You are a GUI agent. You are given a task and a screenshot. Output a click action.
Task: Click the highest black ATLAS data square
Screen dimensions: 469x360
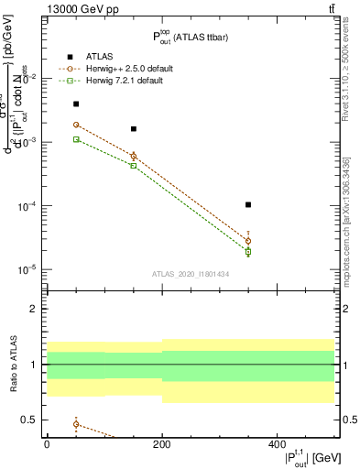[x=76, y=104]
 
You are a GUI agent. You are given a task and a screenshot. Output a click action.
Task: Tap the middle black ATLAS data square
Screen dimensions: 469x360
[x=134, y=129]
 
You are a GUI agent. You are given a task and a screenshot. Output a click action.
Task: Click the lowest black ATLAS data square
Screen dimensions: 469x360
[x=248, y=205]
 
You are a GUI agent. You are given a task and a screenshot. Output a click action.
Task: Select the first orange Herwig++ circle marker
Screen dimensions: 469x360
[x=76, y=125]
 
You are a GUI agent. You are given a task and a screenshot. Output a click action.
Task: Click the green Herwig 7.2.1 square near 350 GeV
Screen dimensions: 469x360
[x=248, y=251]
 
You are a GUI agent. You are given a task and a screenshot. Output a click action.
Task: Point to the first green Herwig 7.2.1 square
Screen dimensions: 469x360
[x=76, y=139]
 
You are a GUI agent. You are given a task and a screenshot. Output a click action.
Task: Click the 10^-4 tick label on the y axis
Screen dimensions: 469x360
[x=27, y=206]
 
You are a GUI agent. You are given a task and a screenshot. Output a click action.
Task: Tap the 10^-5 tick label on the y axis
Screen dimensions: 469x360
[x=27, y=269]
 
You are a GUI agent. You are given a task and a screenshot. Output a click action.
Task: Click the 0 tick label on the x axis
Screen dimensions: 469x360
[x=47, y=443]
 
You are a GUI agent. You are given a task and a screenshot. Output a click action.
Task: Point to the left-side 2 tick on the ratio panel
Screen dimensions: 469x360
[x=35, y=310]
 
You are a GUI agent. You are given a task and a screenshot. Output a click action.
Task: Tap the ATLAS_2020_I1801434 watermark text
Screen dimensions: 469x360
[x=190, y=274]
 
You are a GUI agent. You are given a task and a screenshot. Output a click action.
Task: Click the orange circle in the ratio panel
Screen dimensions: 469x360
[x=76, y=424]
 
